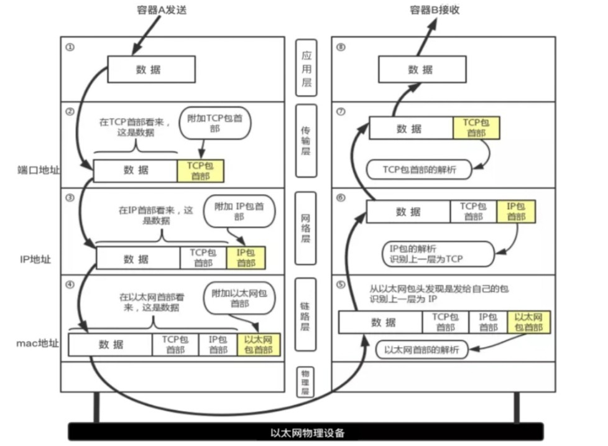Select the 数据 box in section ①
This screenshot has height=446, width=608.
[x=149, y=70]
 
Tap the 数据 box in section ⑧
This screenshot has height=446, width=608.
[x=421, y=70]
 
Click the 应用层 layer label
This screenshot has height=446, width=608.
[x=306, y=68]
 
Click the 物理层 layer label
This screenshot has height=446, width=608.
[x=306, y=382]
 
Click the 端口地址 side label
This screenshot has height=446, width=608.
[x=39, y=169]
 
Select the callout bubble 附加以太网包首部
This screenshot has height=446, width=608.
[x=240, y=298]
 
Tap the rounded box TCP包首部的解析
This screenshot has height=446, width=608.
[x=419, y=169]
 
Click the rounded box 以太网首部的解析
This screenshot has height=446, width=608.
[x=422, y=350]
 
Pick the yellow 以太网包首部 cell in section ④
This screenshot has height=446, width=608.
[x=259, y=345]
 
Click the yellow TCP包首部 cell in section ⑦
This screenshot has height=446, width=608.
[x=476, y=128]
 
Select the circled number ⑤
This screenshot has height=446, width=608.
[x=340, y=285]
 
